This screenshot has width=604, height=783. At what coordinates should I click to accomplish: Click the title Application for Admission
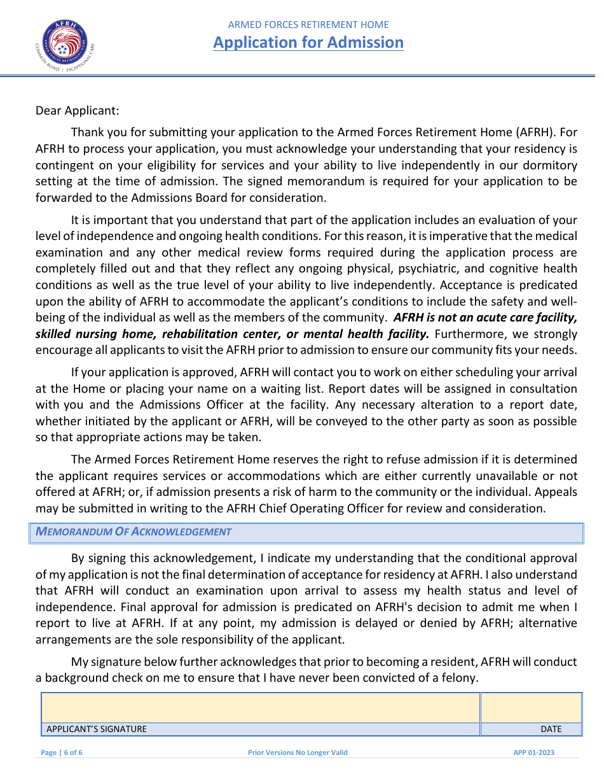click(x=308, y=43)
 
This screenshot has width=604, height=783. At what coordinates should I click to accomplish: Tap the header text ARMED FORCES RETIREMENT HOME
click(x=308, y=25)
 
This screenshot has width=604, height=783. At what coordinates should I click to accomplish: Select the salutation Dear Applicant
click(x=77, y=110)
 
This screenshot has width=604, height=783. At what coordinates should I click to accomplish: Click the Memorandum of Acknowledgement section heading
click(x=134, y=532)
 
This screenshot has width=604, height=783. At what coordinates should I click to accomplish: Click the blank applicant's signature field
click(x=261, y=708)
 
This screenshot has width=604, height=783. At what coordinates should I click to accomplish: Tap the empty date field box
click(x=531, y=708)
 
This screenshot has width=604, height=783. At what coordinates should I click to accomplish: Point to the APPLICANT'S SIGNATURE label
click(x=96, y=730)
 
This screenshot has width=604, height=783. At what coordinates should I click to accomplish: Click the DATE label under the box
click(x=551, y=730)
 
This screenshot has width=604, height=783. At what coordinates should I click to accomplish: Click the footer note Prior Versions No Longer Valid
click(x=298, y=752)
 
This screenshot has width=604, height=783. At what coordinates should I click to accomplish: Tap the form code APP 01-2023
click(x=533, y=752)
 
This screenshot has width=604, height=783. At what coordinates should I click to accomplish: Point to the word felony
click(x=458, y=678)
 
